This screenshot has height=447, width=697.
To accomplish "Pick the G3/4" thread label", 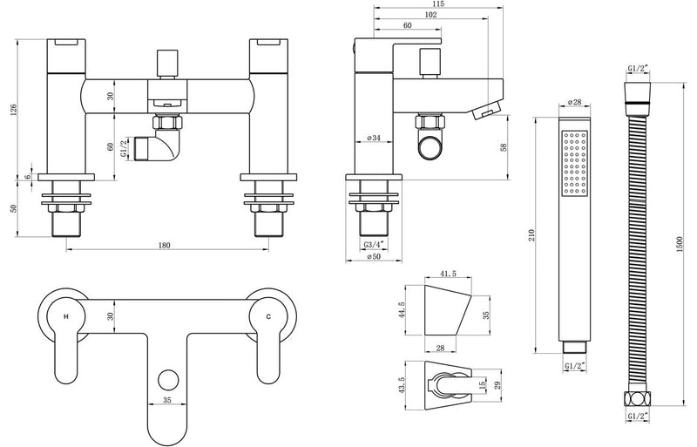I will tap(375, 245).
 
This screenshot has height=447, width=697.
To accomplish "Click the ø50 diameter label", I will tap(375, 258).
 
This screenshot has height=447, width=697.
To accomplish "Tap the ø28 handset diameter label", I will tap(575, 103).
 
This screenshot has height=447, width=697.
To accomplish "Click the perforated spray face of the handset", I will tap(576, 162).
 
